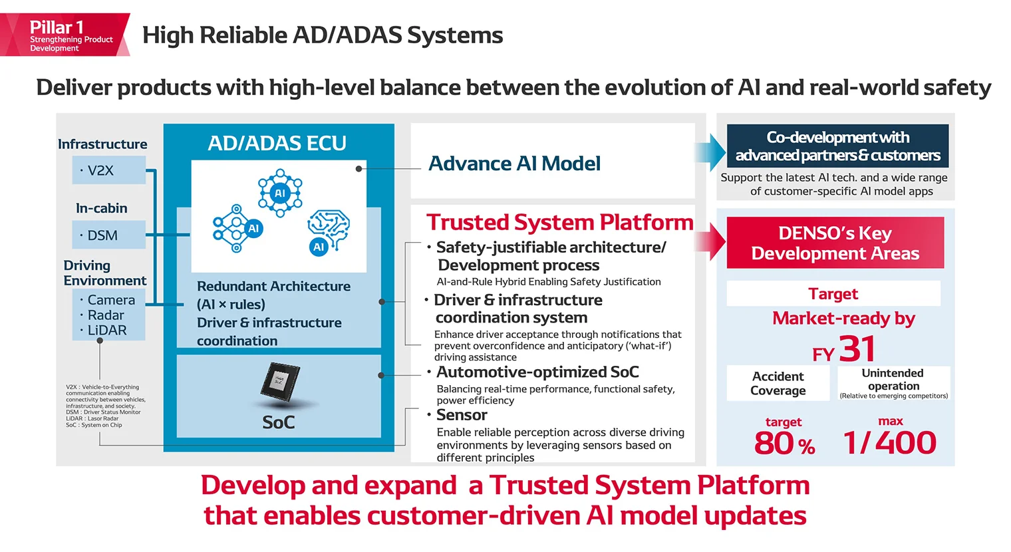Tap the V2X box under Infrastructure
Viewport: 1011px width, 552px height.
point(108,170)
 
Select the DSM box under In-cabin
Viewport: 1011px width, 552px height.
point(108,235)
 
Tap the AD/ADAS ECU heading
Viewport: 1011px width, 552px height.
point(277,143)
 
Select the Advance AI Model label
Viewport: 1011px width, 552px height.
point(514,164)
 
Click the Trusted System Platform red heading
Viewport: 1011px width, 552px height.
point(559,222)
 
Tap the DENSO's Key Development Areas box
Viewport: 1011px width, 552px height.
point(835,243)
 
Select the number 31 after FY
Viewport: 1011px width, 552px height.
point(857,349)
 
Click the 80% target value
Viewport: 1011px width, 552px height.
point(784,444)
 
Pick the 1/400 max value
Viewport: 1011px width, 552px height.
point(889,443)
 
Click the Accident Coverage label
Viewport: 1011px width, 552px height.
point(778,383)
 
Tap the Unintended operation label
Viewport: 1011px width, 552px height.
point(893,380)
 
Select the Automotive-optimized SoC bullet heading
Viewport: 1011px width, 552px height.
point(537,372)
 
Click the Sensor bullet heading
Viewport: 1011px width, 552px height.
point(462,415)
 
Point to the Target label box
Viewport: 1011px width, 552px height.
point(833,293)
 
